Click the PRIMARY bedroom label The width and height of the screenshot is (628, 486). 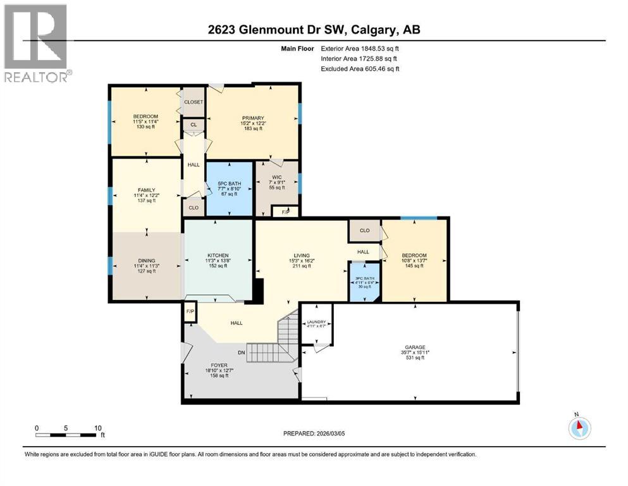point(252,118)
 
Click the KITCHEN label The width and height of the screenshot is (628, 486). point(217,255)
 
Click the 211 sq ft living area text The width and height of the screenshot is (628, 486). point(301,266)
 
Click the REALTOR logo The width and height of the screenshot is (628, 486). point(36,43)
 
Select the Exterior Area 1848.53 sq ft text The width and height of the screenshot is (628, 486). point(360,47)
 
